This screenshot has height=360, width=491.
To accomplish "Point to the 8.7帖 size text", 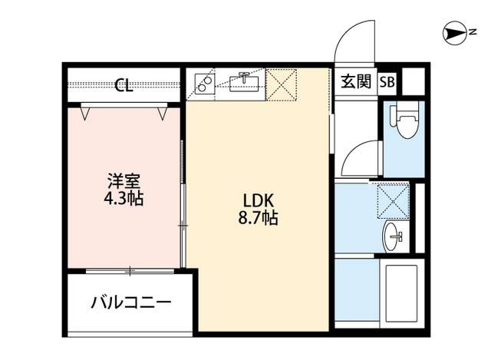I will pos(258,219).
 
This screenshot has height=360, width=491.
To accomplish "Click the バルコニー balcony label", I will pos(131,302).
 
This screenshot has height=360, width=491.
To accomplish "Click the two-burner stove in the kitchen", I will pos(204,83).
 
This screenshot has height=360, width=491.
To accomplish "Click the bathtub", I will pos(399,294).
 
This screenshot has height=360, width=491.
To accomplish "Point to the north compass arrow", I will pos(456,32).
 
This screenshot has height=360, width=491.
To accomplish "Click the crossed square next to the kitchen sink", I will pos(281,84).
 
